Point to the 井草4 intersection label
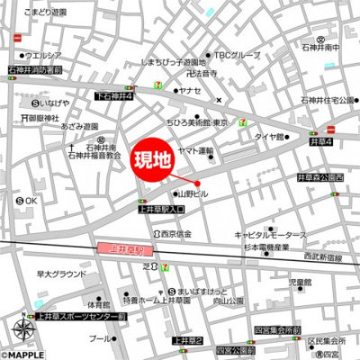coord(321,142)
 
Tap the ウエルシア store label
coord(41,55)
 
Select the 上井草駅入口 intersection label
coord(161,209)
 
